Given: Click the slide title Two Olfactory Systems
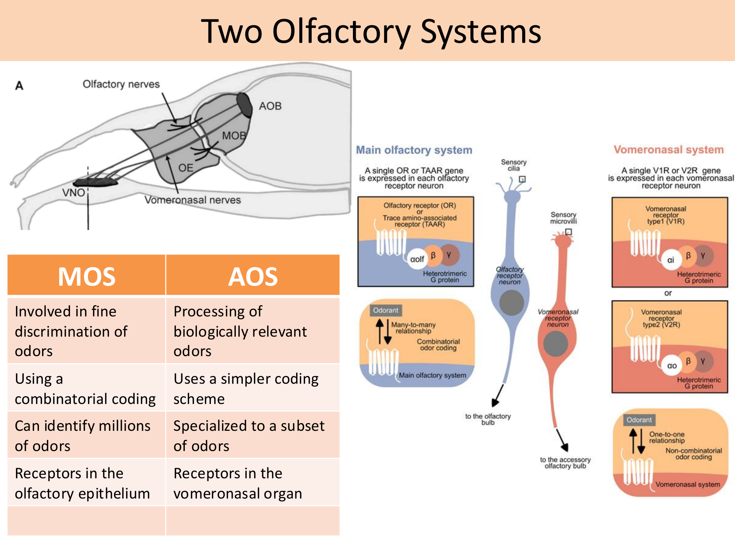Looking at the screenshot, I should click(371, 32).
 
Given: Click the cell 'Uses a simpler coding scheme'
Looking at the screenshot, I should click(246, 388).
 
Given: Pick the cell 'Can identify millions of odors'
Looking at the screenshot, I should click(82, 435).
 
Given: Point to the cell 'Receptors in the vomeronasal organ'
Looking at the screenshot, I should click(237, 483).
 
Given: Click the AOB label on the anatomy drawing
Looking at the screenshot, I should click(270, 106).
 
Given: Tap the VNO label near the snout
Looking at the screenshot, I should click(74, 192).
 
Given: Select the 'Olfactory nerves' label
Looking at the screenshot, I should click(121, 84).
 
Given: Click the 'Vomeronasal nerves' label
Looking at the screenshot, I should click(193, 200).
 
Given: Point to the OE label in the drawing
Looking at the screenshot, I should click(186, 168).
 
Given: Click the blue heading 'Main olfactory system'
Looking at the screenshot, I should click(414, 150).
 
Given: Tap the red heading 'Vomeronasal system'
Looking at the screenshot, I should click(668, 150).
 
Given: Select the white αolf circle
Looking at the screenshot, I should click(417, 259).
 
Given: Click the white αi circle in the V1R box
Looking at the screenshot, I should click(670, 260).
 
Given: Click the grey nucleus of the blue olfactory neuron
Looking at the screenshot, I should click(511, 303).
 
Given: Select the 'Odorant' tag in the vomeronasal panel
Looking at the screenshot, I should click(639, 420).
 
